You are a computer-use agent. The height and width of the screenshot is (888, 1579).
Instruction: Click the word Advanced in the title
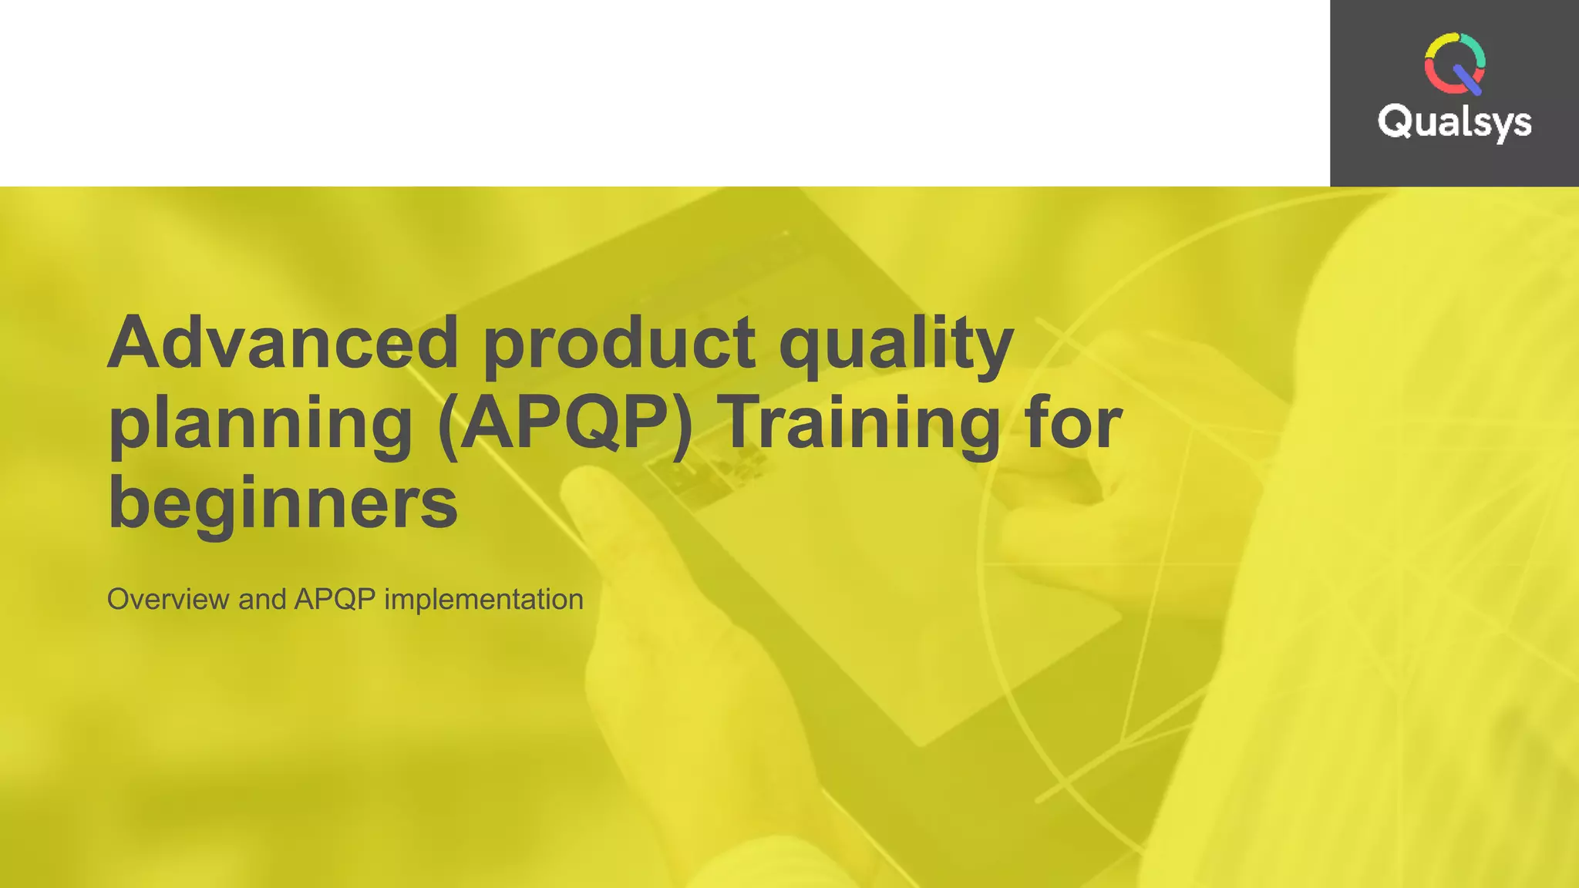(283, 342)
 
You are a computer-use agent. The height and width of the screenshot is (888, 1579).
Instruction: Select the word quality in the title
(896, 345)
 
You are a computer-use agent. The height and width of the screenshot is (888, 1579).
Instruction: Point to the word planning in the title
(261, 425)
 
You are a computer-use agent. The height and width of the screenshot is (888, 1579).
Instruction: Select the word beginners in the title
(283, 504)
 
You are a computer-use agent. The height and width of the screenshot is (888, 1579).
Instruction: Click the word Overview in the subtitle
(167, 600)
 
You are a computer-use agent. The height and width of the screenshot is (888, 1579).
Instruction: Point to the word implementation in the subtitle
(483, 600)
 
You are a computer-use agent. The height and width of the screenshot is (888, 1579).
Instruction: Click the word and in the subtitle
(262, 600)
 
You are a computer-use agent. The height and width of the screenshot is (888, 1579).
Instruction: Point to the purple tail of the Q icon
(1467, 80)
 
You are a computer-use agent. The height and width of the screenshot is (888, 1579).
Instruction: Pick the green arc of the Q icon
(1476, 48)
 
